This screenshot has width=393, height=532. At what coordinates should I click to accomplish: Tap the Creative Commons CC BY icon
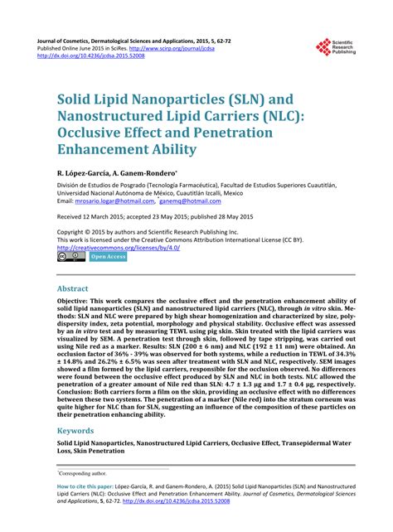71,258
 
